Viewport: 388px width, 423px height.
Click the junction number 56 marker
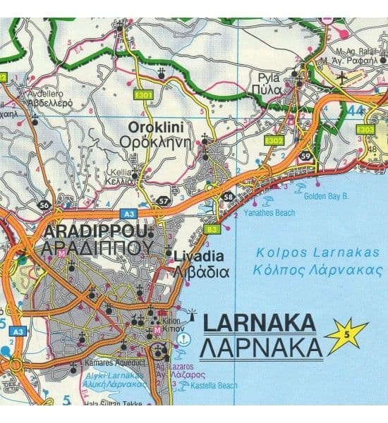click(44, 205)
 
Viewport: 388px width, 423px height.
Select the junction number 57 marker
click(164, 201)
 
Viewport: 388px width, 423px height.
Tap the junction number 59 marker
click(305, 157)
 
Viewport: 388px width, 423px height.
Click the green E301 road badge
click(145, 95)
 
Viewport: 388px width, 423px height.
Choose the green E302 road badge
click(274, 142)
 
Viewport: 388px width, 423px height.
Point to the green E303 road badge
click(366, 130)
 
